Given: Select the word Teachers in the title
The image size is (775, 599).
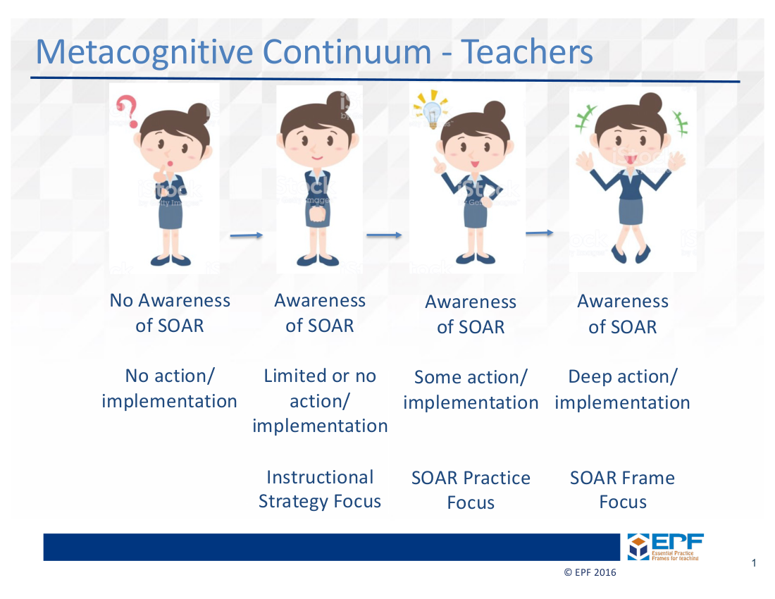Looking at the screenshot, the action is click(x=527, y=51).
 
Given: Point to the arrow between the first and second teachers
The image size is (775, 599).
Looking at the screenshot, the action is click(x=246, y=235).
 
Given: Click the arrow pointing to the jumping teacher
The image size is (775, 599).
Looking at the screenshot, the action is click(x=539, y=233).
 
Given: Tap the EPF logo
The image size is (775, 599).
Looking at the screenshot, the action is click(x=665, y=547).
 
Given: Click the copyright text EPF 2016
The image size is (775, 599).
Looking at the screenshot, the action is click(x=590, y=572).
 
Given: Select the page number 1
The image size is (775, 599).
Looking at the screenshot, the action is click(x=754, y=563).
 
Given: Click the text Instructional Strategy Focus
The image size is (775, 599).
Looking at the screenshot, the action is click(x=320, y=489).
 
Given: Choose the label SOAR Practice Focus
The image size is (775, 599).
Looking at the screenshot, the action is click(x=471, y=490).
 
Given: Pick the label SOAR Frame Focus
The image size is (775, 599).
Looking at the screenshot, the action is click(x=622, y=490).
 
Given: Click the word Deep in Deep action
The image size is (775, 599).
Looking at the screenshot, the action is click(x=590, y=377).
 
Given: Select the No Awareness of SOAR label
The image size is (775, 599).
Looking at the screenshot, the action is click(x=170, y=313).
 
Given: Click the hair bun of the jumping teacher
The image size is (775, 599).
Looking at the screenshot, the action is click(x=650, y=104).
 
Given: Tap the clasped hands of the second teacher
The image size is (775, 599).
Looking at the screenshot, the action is click(x=318, y=216).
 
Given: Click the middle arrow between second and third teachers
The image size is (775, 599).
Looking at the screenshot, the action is click(x=384, y=235).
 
